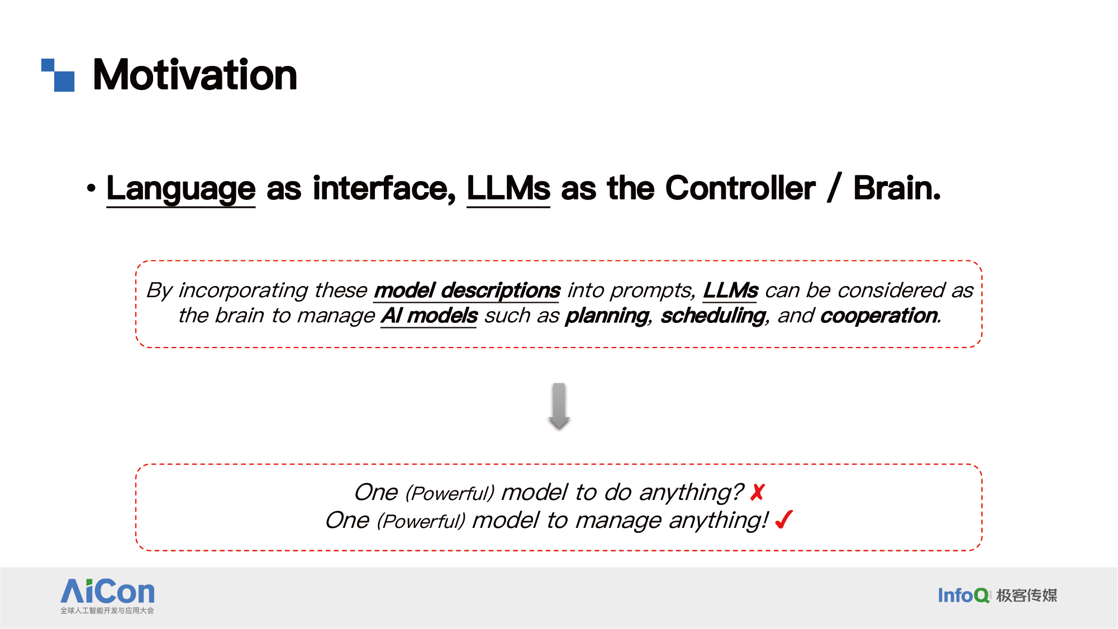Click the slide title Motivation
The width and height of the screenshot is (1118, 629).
click(195, 75)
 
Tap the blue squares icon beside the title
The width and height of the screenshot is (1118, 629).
click(58, 75)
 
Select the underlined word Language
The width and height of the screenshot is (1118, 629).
click(181, 189)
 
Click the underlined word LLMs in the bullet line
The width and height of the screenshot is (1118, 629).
click(508, 189)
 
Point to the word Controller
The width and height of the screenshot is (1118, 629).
click(740, 188)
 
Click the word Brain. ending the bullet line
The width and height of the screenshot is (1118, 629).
click(897, 188)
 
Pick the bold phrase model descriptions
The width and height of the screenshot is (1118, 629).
click(467, 291)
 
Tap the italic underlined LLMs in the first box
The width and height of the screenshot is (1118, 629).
click(730, 290)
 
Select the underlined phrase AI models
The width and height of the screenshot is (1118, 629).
click(429, 316)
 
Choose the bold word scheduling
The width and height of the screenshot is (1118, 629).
click(713, 316)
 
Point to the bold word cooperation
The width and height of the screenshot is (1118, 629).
click(879, 316)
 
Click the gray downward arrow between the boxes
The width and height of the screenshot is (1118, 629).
click(559, 406)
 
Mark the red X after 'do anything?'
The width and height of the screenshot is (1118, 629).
click(758, 493)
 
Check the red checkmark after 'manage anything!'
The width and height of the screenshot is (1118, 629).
click(784, 520)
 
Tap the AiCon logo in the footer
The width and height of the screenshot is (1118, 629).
click(107, 596)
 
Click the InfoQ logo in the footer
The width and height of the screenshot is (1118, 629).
click(963, 595)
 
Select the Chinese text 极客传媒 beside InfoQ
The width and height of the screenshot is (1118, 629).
click(1027, 595)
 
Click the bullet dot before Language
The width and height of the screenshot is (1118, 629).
click(91, 188)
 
